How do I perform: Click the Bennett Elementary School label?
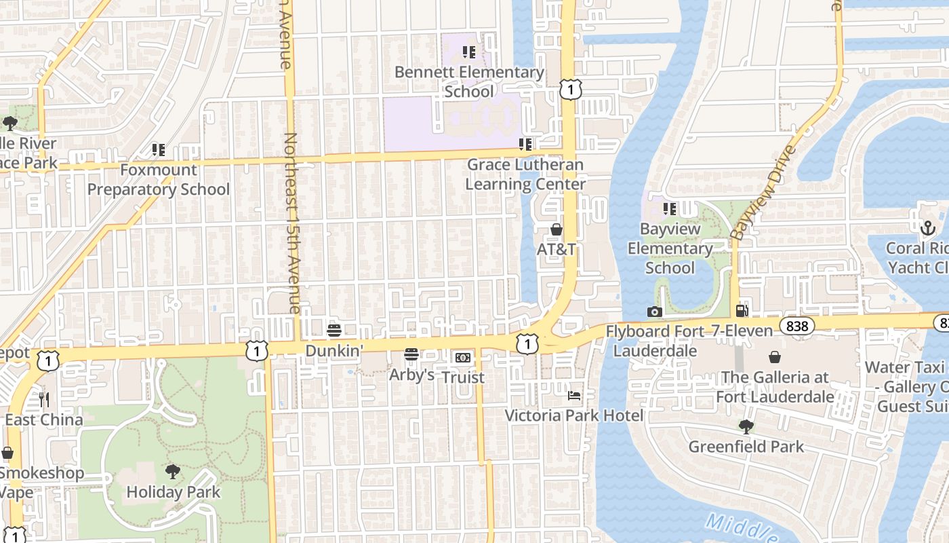(469, 81)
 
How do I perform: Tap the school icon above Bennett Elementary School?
(468, 52)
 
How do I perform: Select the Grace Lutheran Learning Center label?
(525, 174)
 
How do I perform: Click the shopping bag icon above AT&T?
(557, 230)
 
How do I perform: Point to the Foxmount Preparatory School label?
(158, 179)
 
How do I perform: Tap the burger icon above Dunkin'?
(334, 331)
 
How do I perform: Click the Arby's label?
(411, 375)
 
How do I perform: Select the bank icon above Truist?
(463, 357)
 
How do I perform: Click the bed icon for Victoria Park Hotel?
(574, 395)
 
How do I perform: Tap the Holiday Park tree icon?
(173, 472)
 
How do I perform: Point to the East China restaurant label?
(44, 419)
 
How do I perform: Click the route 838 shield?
(797, 326)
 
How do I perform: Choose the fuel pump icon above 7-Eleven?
(742, 311)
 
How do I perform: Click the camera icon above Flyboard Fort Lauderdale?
(654, 312)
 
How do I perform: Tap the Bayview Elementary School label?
(670, 248)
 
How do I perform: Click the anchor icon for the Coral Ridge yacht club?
(927, 229)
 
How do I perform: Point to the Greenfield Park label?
(746, 447)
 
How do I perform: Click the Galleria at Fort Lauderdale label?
(775, 386)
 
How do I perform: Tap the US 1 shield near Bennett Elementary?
(571, 89)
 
